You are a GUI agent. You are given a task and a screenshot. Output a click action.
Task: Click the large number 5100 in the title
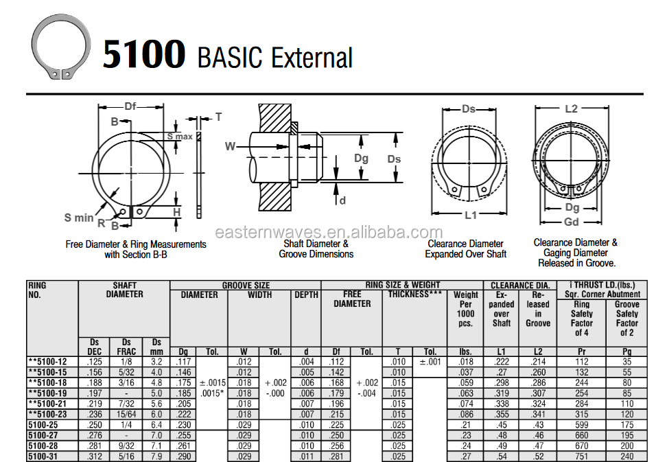click(143, 54)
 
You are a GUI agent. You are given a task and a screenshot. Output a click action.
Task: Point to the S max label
click(180, 137)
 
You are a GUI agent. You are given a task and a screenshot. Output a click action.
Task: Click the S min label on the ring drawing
click(79, 218)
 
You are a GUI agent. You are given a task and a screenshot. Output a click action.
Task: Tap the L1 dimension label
click(470, 215)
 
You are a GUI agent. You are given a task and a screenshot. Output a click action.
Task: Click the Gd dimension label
click(571, 222)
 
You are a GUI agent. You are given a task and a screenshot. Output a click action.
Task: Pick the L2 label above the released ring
click(571, 108)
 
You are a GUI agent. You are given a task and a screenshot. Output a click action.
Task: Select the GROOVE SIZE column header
click(245, 286)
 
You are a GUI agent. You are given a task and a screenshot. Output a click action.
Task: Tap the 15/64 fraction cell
click(126, 415)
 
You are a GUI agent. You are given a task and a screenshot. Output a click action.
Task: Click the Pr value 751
click(581, 457)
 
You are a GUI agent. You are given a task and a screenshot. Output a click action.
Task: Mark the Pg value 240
click(626, 457)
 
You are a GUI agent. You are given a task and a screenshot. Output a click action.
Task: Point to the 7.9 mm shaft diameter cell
click(156, 457)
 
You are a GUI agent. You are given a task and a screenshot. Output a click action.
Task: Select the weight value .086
click(466, 415)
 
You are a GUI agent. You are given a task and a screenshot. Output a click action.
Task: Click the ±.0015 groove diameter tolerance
click(212, 383)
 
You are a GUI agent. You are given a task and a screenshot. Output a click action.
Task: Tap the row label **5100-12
click(47, 362)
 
